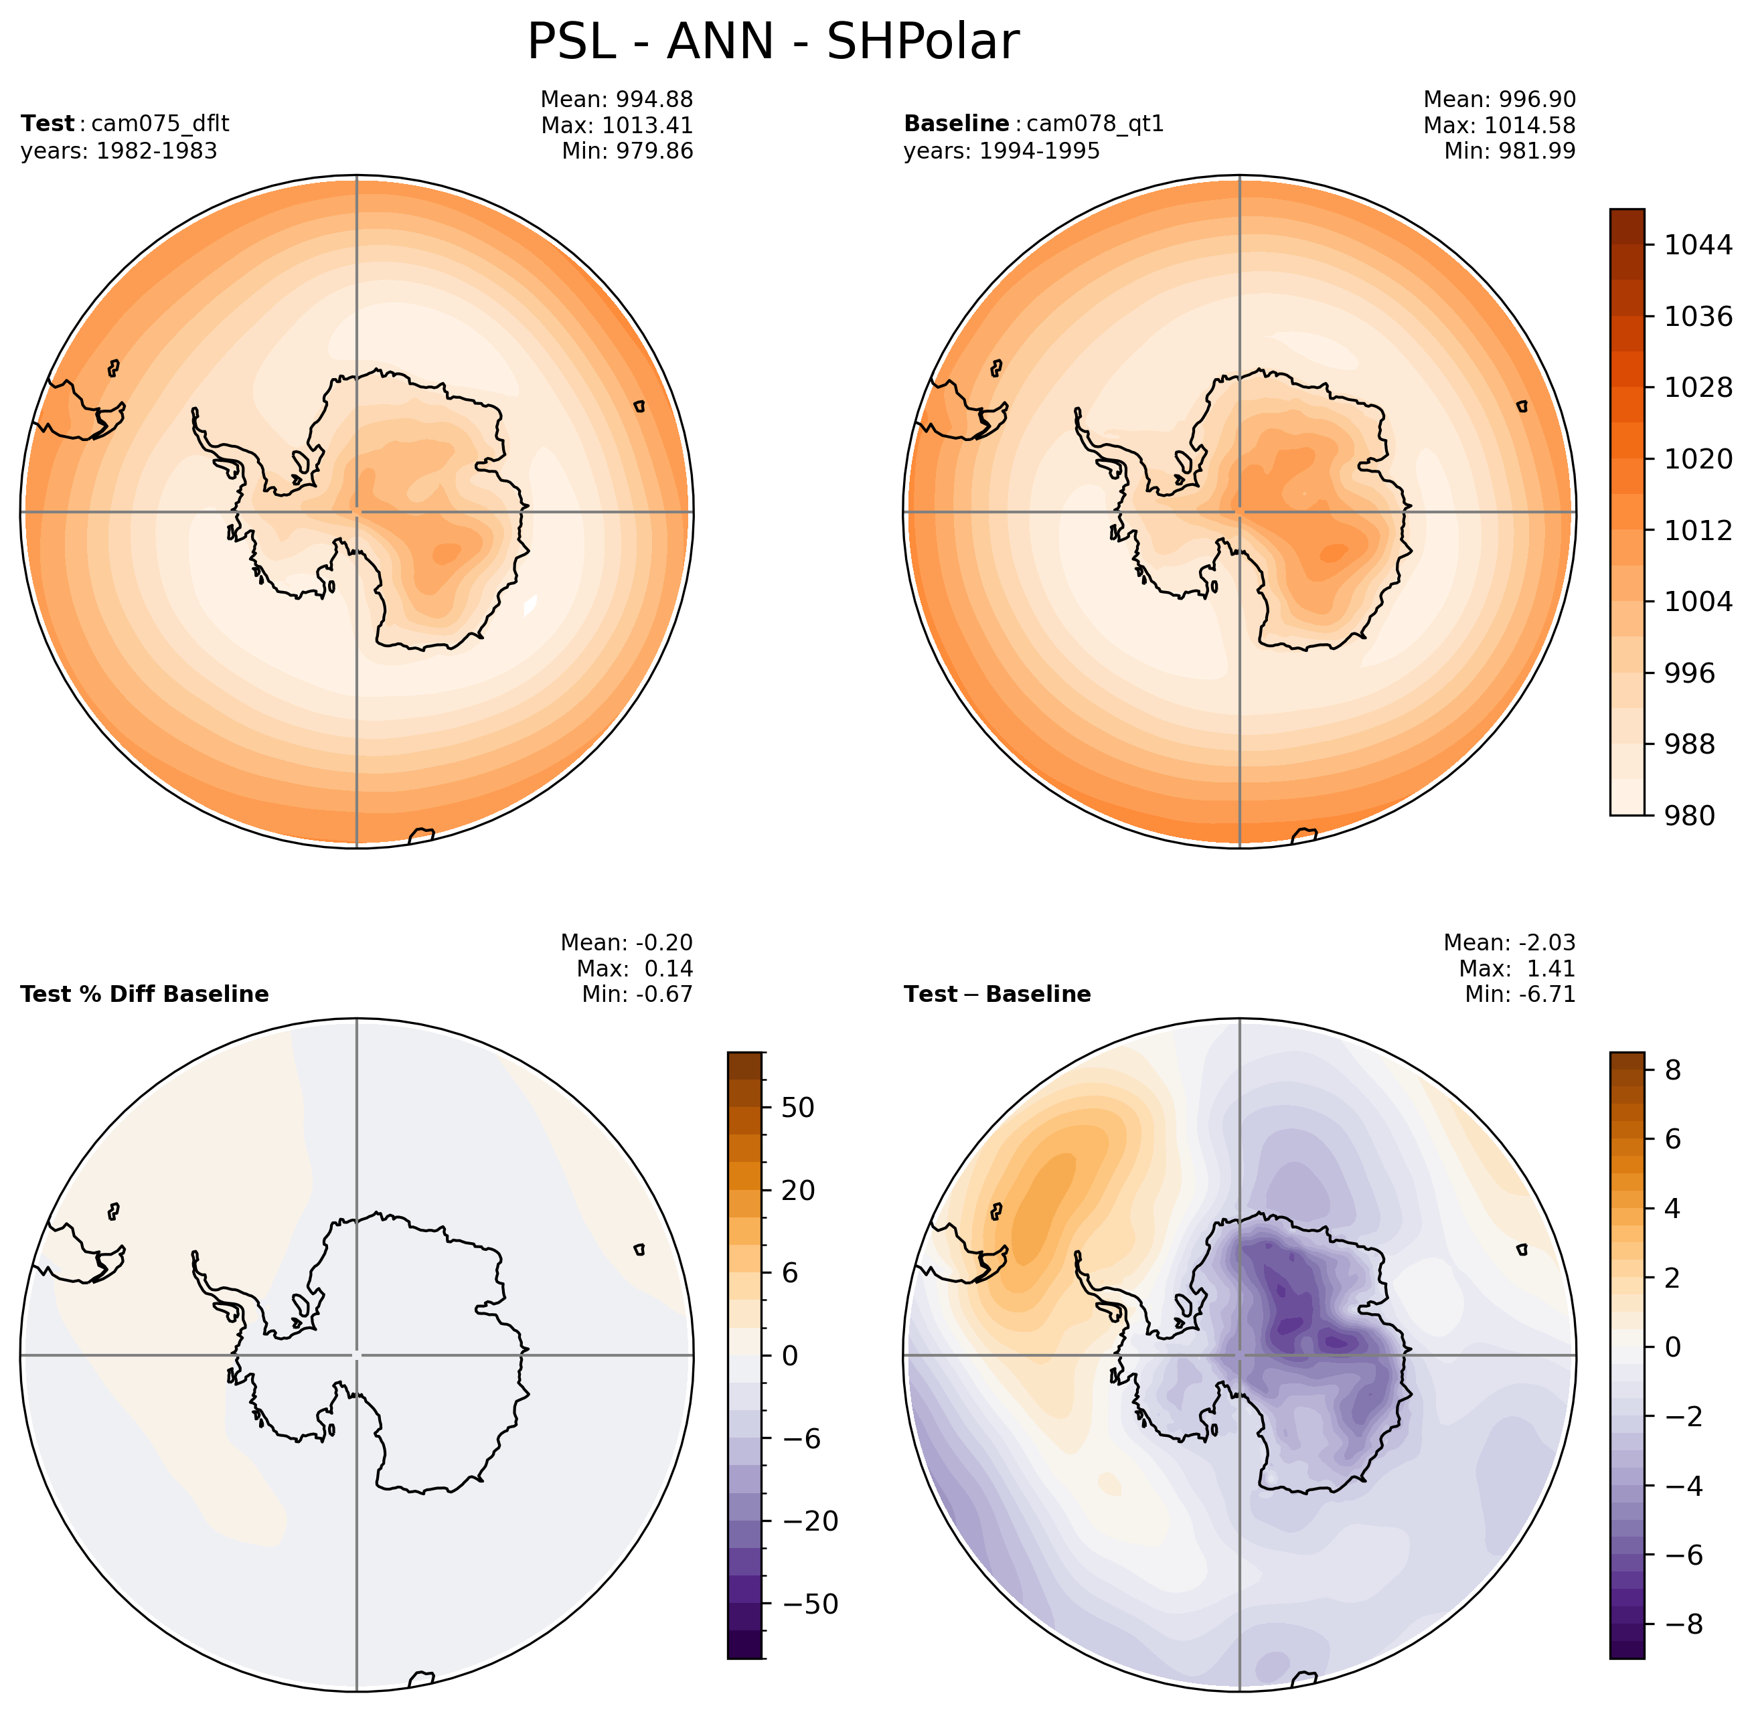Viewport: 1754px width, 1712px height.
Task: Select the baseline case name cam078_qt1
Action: click(1095, 123)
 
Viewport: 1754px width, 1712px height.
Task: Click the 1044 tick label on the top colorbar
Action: click(1697, 244)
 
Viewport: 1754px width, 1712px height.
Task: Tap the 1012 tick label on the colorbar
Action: click(1697, 531)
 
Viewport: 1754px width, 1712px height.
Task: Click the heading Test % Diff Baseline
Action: click(144, 994)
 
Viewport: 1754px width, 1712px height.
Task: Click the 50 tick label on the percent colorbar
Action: click(799, 1108)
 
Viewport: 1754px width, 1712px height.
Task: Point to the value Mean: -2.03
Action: click(1510, 942)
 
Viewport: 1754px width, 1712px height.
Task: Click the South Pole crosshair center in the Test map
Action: click(357, 511)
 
